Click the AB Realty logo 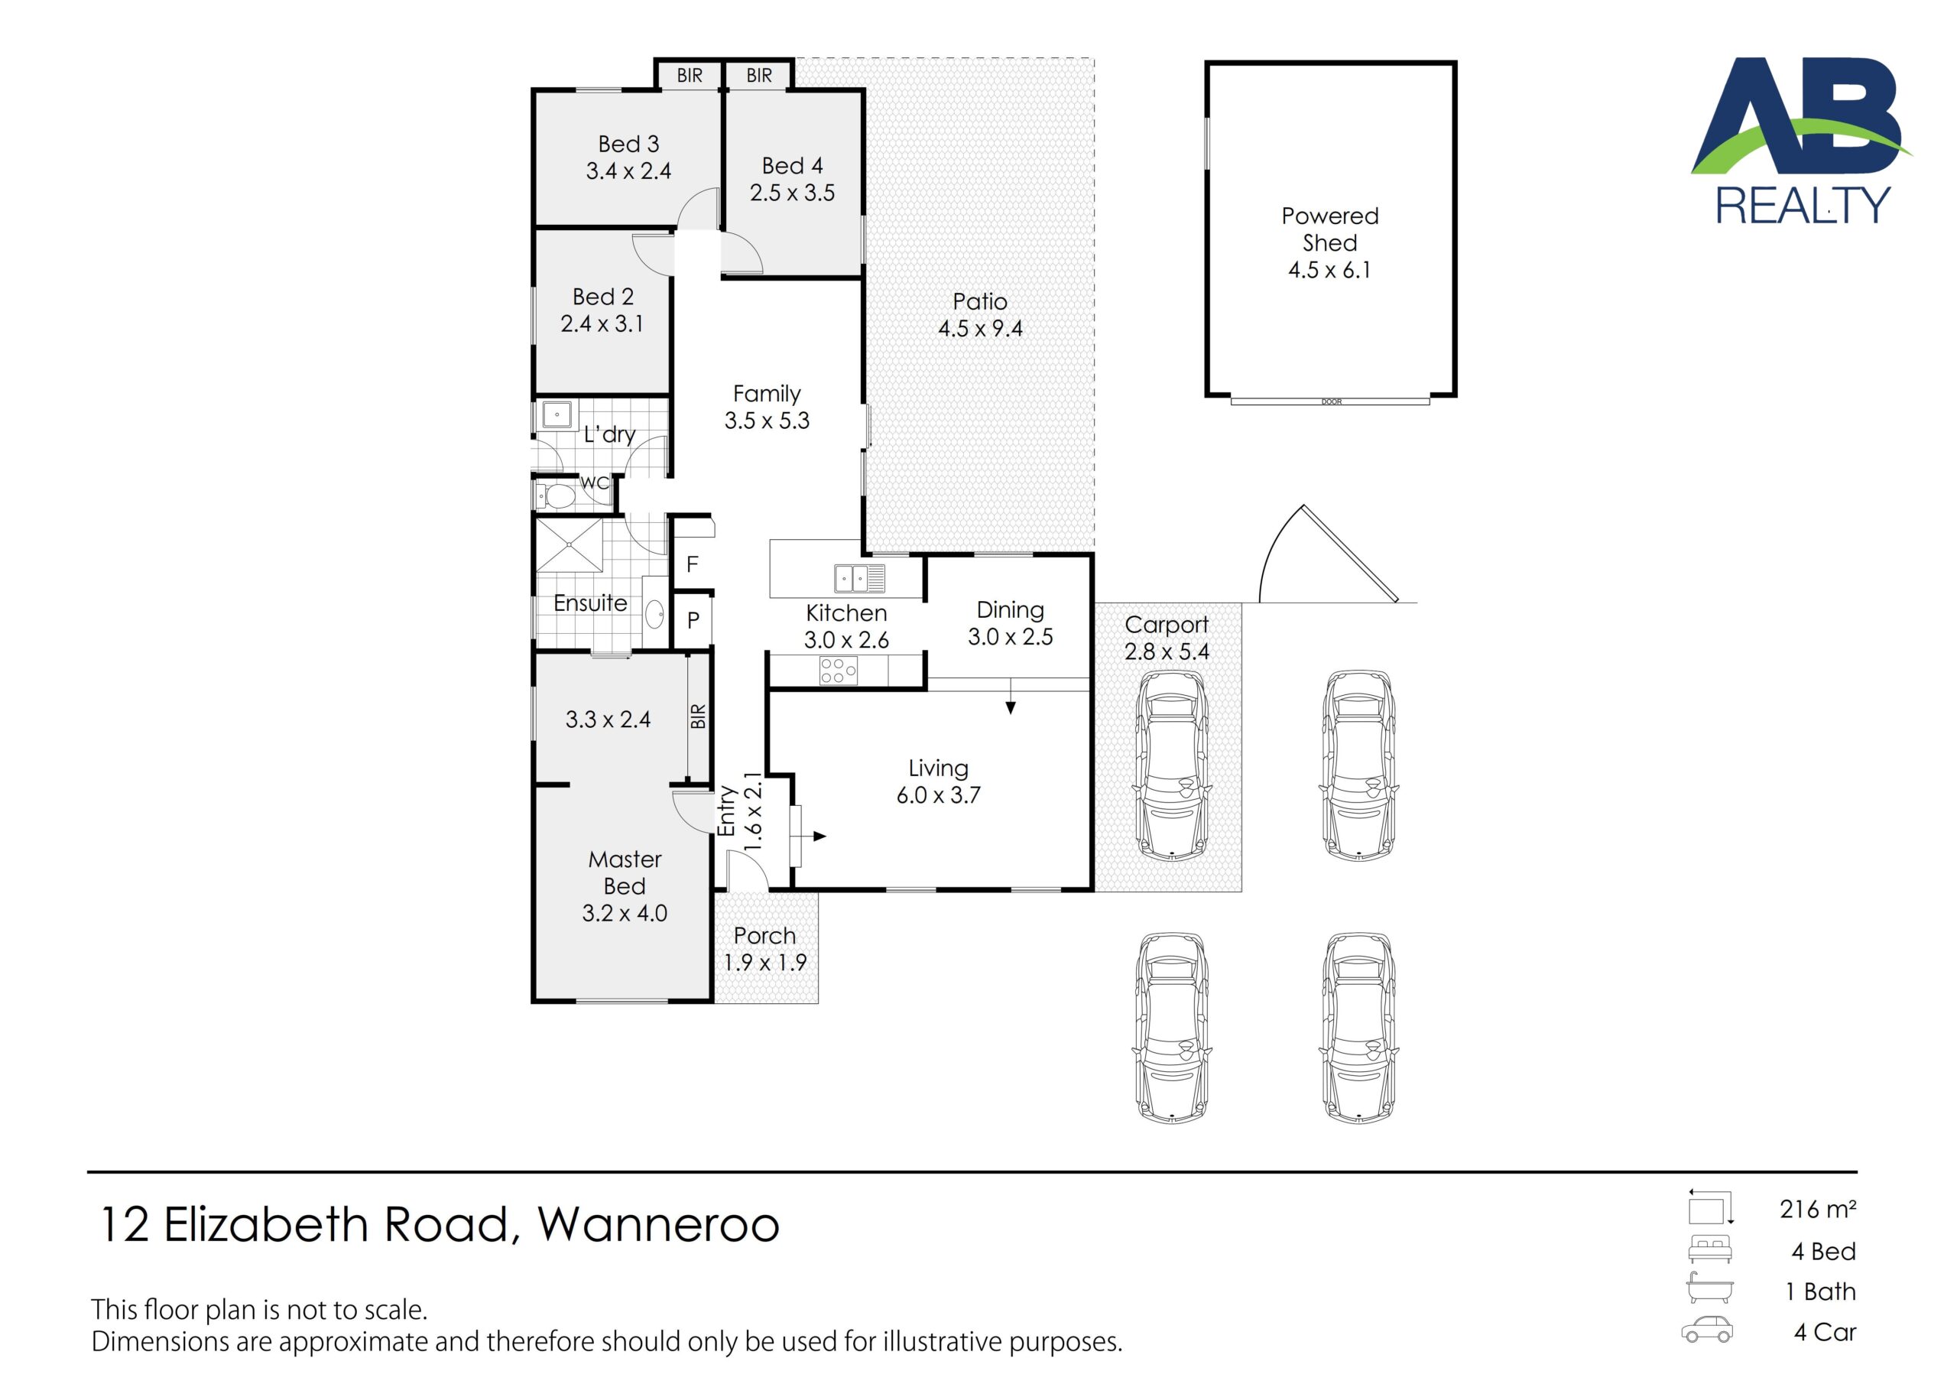pos(1802,141)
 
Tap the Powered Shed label pos(1329,229)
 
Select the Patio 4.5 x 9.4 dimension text pos(980,328)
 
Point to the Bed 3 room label pos(628,144)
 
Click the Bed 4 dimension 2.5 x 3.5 pos(792,193)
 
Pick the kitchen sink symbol pos(859,578)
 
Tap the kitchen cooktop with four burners pos(838,671)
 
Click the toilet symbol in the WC pos(555,495)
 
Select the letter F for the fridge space pos(692,564)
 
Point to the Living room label pos(939,768)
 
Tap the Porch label pos(764,935)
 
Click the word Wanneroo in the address pos(658,1223)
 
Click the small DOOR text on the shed pos(1330,401)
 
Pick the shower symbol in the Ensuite pos(569,544)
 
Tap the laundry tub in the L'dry pos(557,415)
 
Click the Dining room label pos(1010,609)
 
